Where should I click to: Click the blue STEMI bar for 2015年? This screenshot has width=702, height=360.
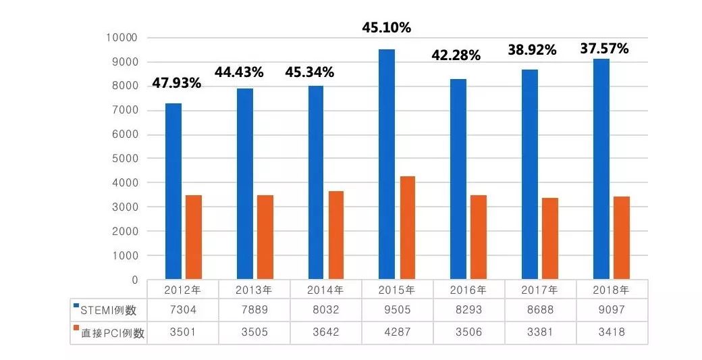click(x=386, y=164)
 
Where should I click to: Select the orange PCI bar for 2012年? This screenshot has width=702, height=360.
click(x=193, y=237)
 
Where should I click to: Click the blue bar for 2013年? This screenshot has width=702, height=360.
click(x=244, y=184)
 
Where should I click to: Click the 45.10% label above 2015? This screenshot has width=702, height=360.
click(x=387, y=28)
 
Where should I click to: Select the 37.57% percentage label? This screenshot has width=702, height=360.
click(x=605, y=49)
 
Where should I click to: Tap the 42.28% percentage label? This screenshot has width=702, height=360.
click(x=456, y=55)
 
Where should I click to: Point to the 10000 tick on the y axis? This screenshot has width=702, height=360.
click(x=122, y=38)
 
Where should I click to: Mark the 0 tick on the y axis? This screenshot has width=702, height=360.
click(x=134, y=280)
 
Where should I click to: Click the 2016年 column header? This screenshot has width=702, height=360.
click(x=468, y=290)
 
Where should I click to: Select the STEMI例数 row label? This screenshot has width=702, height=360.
click(x=108, y=311)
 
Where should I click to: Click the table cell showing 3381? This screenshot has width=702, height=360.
click(x=540, y=332)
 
